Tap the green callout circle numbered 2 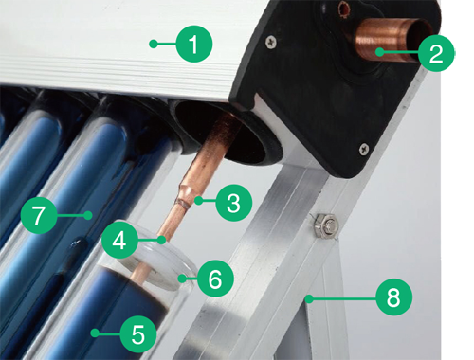click(434, 53)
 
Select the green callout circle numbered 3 click(232, 201)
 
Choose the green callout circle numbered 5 click(137, 333)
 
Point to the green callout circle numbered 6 click(215, 279)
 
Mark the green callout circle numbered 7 click(37, 215)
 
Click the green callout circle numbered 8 click(392, 297)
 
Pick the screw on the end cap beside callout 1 click(271, 41)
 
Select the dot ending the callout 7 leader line click(87, 215)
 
